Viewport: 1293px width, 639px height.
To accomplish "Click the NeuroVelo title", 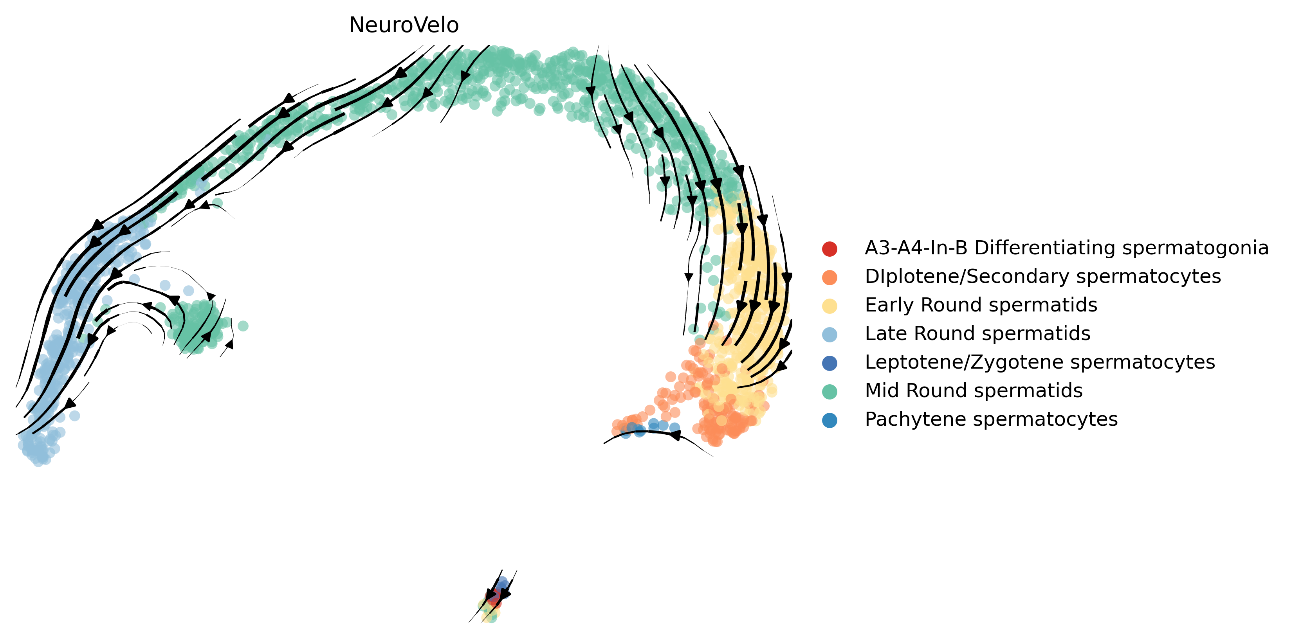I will tap(404, 25).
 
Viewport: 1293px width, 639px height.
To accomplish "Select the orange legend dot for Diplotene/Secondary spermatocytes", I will tap(830, 277).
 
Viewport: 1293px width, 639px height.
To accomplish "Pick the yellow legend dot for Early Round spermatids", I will tap(830, 306).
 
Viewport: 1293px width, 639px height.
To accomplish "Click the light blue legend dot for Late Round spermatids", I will tap(830, 335).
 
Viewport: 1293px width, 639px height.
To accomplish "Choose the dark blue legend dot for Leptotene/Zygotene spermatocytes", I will tap(830, 363).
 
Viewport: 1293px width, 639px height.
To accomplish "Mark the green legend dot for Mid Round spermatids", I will tap(830, 391).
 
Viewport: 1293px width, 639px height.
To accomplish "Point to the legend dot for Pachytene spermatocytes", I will tap(830, 420).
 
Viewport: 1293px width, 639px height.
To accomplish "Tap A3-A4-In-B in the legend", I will tap(916, 248).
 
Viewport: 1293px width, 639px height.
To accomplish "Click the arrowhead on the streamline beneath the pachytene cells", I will tap(676, 435).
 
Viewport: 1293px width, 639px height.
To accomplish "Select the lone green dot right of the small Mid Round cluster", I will tap(243, 326).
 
